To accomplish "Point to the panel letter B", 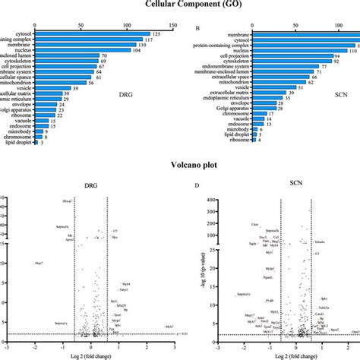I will click(x=198, y=29).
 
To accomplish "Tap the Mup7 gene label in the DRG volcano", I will click(x=39, y=263).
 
